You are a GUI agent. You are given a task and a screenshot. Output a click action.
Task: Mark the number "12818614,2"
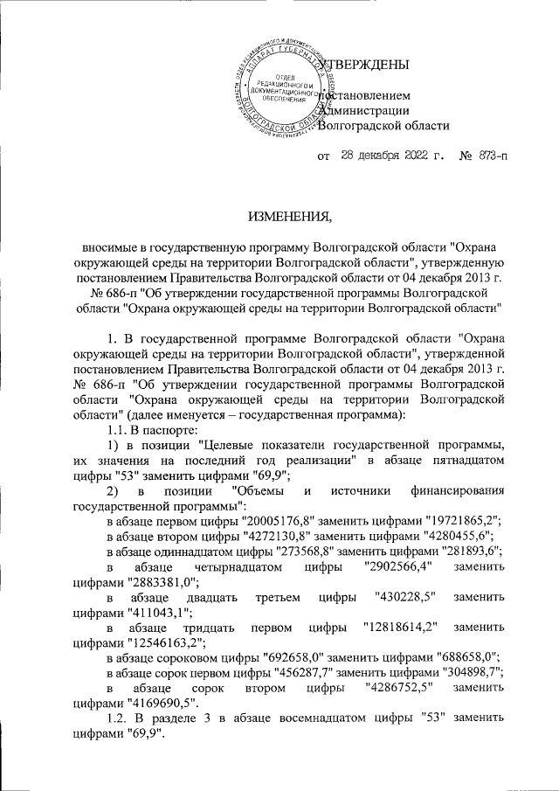click(x=398, y=628)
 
